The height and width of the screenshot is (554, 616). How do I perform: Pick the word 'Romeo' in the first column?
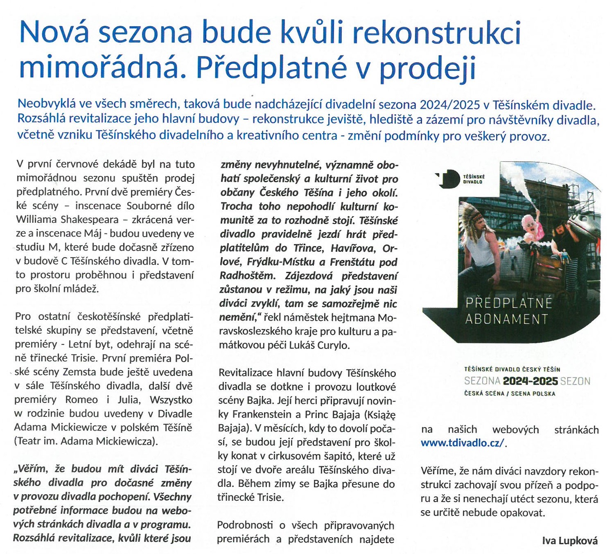coord(81,399)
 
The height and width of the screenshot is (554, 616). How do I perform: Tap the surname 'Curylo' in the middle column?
coord(332,345)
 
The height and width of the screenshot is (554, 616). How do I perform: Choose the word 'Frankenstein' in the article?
coord(266,414)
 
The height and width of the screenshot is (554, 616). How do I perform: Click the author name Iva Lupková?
coord(570,541)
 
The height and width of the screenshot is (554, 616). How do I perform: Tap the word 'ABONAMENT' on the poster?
coord(506,319)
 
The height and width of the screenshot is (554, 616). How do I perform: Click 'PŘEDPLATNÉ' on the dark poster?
coord(509,303)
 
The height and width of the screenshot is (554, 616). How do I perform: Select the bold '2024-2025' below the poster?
coord(530,381)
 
